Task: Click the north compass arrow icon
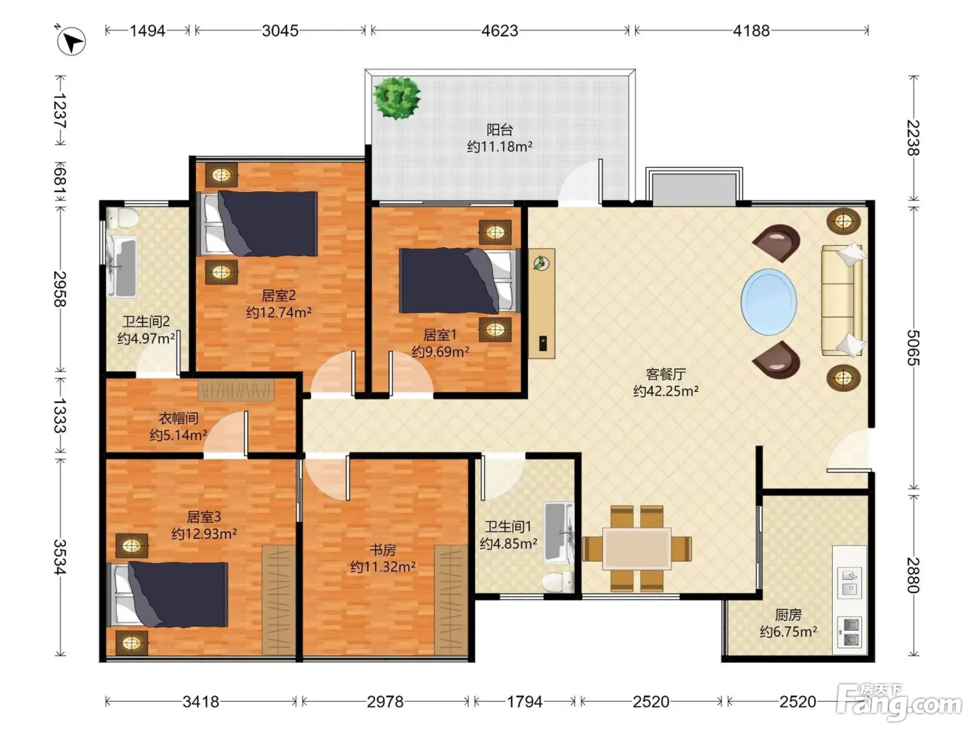71,41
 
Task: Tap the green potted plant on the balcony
397,98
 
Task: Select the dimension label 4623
500,31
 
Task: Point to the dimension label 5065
913,347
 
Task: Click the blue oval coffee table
769,302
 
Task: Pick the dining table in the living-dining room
637,549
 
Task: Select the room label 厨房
788,615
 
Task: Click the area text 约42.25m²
666,391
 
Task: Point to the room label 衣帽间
178,418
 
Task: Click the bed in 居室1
460,281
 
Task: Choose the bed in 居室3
168,595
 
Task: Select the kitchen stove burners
849,632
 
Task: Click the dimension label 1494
147,31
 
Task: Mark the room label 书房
383,550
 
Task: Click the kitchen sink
849,583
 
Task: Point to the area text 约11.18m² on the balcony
500,146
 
